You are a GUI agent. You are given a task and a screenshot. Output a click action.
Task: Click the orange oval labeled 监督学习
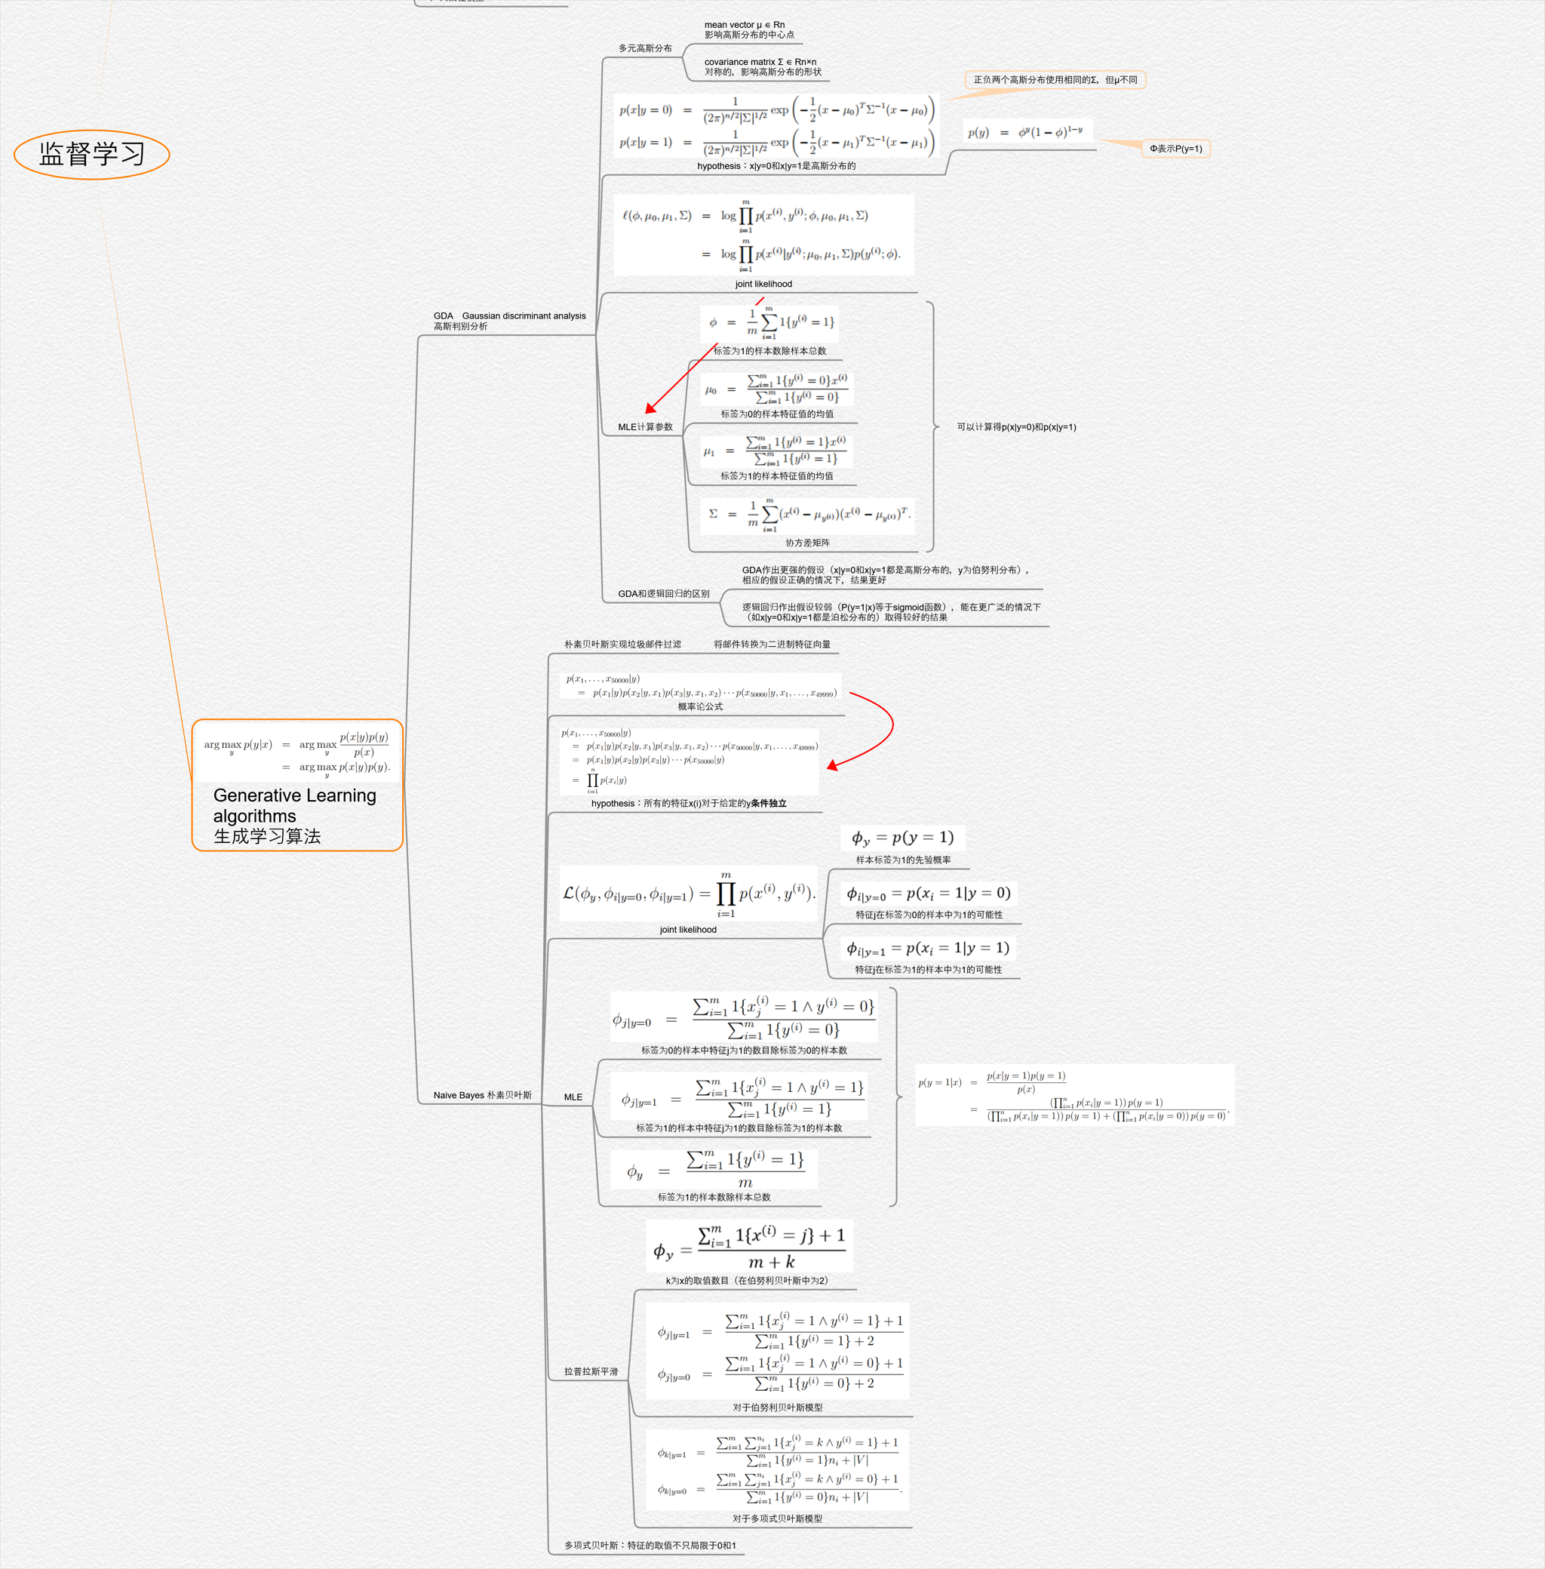(92, 154)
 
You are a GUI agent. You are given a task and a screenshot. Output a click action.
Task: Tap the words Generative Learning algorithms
(293, 805)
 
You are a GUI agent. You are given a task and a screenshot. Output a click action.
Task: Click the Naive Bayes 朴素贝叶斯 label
(482, 1095)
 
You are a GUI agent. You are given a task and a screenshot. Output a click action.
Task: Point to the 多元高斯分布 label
(645, 48)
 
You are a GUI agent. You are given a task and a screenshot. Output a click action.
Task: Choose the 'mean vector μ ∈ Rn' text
(744, 25)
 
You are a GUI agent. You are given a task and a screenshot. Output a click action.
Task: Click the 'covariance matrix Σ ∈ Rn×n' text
(760, 62)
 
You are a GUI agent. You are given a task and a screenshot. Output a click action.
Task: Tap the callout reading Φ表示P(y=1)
(1175, 149)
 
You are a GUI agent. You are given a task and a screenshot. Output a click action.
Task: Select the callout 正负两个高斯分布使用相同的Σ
(1055, 79)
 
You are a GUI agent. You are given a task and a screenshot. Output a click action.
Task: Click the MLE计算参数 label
(645, 427)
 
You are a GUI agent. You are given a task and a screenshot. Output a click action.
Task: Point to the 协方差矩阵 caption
(807, 542)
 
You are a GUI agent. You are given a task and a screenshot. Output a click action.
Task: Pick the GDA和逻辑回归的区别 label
(663, 593)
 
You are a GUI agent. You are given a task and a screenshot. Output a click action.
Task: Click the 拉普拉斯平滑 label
(591, 1371)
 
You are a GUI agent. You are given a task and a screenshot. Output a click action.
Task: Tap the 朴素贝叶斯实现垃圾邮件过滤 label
(622, 644)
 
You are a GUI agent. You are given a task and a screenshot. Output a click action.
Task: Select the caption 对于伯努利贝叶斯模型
(777, 1407)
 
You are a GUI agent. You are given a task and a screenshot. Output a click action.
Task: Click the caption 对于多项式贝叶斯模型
(776, 1518)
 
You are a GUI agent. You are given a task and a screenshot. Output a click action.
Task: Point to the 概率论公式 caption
(699, 706)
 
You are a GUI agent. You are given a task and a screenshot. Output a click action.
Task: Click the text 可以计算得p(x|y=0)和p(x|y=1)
(1016, 427)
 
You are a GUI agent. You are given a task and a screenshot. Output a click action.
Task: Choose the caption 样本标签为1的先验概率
(902, 860)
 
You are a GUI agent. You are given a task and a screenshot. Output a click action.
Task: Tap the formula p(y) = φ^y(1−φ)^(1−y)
(1025, 131)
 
